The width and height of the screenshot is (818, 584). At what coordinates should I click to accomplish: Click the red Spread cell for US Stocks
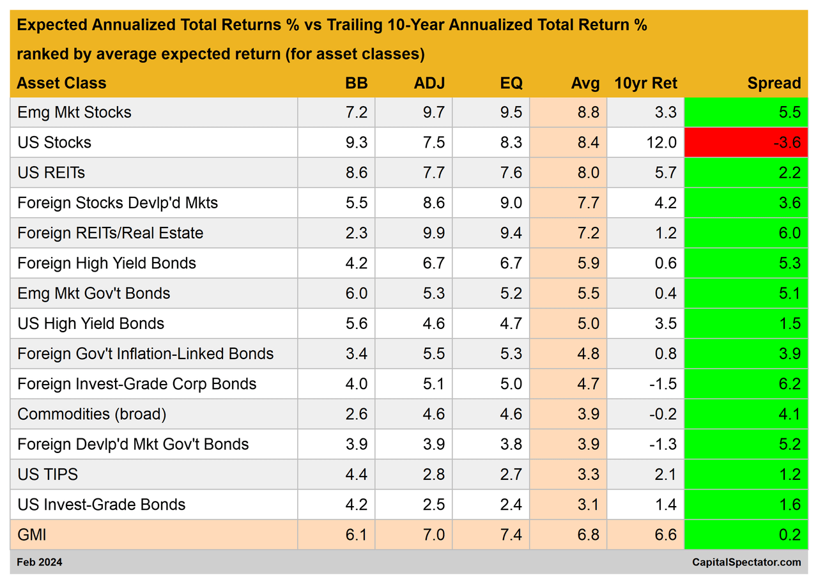(x=745, y=142)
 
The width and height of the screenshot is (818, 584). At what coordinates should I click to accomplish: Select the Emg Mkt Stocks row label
(x=74, y=112)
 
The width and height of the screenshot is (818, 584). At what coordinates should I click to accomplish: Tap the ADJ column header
(x=429, y=83)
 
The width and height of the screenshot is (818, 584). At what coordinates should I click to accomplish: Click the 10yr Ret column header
(x=645, y=83)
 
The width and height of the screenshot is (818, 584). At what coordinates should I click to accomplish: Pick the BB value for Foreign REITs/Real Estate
(x=356, y=233)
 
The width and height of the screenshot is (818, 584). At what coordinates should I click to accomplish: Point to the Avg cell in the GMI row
(x=587, y=535)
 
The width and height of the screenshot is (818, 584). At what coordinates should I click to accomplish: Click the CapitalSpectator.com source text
(x=746, y=562)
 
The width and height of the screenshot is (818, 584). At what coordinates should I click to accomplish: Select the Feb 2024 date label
(x=40, y=562)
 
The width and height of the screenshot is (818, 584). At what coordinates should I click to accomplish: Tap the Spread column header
(x=774, y=83)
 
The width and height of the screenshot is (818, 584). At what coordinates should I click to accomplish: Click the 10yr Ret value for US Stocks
(x=661, y=142)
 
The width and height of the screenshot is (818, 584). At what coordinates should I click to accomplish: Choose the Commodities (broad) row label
(x=92, y=414)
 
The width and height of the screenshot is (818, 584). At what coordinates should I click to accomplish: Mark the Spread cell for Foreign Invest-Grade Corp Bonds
(x=745, y=384)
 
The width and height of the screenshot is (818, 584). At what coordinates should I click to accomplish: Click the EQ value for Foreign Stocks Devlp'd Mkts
(x=511, y=203)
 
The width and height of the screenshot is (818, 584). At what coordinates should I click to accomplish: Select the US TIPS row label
(x=48, y=475)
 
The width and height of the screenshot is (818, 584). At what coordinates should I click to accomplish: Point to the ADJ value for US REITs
(x=433, y=173)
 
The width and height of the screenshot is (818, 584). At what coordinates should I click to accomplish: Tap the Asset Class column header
(x=61, y=83)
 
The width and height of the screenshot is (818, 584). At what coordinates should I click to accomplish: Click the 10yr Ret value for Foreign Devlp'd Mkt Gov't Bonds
(x=663, y=444)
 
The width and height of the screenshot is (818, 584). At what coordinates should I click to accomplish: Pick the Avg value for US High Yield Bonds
(x=587, y=324)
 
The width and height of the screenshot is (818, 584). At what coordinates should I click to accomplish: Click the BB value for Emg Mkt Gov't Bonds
(x=356, y=293)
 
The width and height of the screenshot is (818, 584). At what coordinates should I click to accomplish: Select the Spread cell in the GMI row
(x=745, y=535)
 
